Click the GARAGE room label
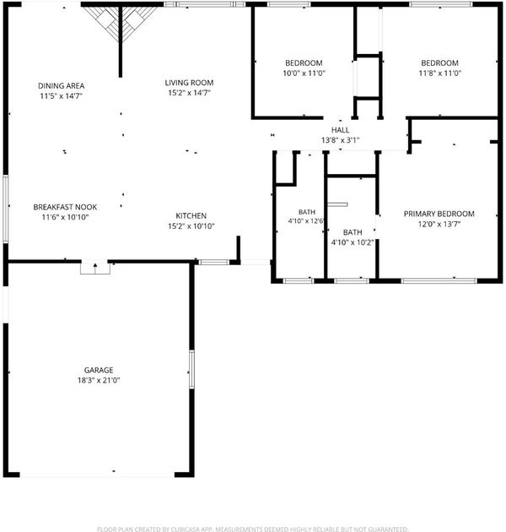(99, 370)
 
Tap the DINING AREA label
(61, 86)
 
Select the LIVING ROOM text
(189, 83)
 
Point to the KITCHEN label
(191, 216)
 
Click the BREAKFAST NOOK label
(65, 207)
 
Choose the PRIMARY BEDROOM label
(439, 214)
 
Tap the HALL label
(340, 130)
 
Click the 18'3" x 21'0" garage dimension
(99, 380)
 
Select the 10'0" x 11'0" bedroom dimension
(304, 73)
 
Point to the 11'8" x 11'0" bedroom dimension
(440, 73)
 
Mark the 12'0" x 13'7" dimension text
(439, 224)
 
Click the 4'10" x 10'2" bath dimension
(353, 242)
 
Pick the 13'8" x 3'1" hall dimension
(340, 140)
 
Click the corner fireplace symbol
(121, 21)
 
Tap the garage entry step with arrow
(95, 267)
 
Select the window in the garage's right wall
(191, 370)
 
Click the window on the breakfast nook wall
(5, 209)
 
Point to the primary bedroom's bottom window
(439, 280)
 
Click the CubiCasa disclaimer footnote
(253, 529)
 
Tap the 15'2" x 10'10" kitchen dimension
(191, 226)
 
